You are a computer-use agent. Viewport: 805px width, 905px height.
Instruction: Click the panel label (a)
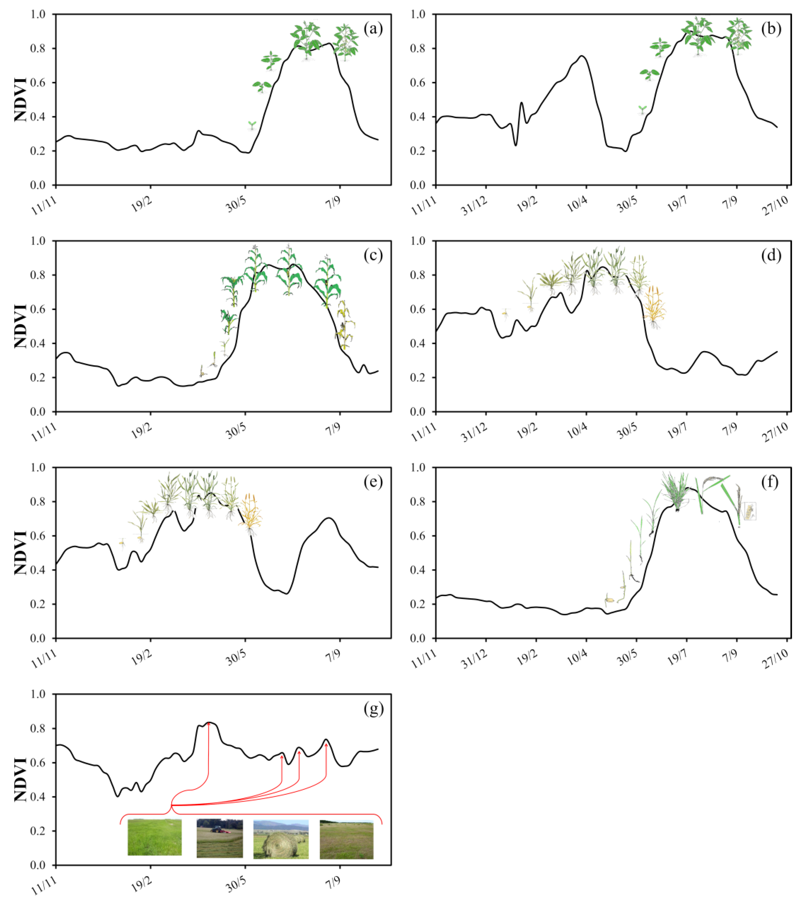point(373,29)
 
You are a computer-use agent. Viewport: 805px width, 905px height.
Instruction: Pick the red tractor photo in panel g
point(220,838)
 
